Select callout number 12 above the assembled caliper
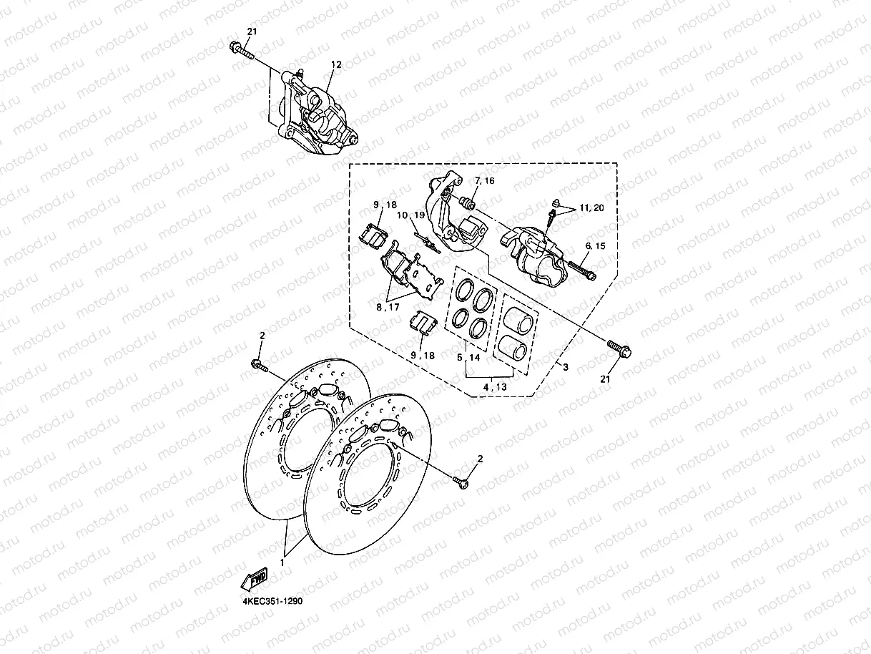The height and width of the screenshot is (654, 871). coord(336,64)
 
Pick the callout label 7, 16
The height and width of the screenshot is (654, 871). coord(483,182)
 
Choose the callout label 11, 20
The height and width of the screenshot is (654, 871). coord(592,208)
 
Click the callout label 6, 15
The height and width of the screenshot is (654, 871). coord(595,245)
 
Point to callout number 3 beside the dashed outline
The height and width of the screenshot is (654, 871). coord(565,368)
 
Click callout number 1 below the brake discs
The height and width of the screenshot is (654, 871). coord(282,563)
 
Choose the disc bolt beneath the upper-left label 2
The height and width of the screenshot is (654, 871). coord(259,367)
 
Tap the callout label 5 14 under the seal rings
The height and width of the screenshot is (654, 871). coord(469,356)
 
